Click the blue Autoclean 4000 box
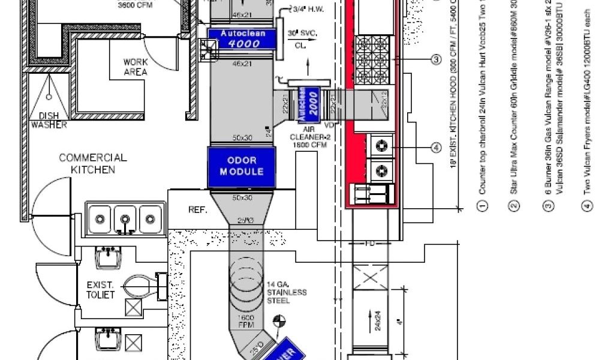click(x=240, y=38)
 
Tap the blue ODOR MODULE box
click(x=242, y=166)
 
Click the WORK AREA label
click(x=136, y=67)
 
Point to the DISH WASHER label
click(x=49, y=120)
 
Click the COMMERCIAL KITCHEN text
click(x=93, y=163)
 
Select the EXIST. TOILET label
click(x=101, y=290)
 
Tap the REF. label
click(x=198, y=210)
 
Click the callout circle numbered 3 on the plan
click(x=436, y=59)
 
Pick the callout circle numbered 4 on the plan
click(x=436, y=148)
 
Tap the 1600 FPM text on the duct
click(x=246, y=322)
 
